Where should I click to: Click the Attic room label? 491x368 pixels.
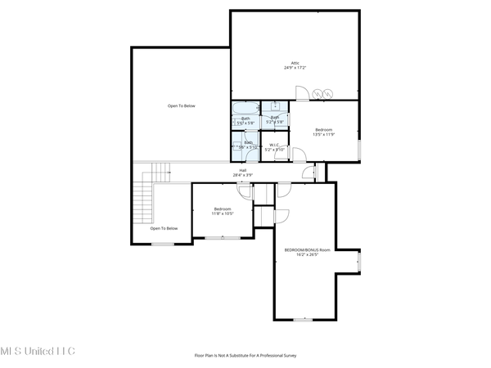(296, 64)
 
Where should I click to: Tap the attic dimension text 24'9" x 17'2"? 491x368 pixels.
(296, 70)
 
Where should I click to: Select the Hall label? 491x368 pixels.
(243, 169)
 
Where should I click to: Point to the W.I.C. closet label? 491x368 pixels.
(274, 146)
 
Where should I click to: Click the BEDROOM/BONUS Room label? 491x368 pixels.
(307, 249)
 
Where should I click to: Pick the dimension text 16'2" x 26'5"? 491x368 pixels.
(307, 254)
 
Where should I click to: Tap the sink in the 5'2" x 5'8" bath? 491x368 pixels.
(276, 107)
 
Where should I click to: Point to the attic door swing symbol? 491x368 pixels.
(300, 93)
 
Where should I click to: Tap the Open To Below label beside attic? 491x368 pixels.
(182, 106)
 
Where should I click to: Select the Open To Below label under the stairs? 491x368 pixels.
(164, 229)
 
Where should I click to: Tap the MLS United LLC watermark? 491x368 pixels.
(37, 350)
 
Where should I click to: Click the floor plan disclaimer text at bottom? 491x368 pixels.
(245, 357)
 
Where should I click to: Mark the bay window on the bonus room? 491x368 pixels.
(358, 261)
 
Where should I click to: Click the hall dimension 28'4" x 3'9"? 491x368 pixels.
(243, 175)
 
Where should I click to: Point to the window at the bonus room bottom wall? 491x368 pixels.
(304, 319)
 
